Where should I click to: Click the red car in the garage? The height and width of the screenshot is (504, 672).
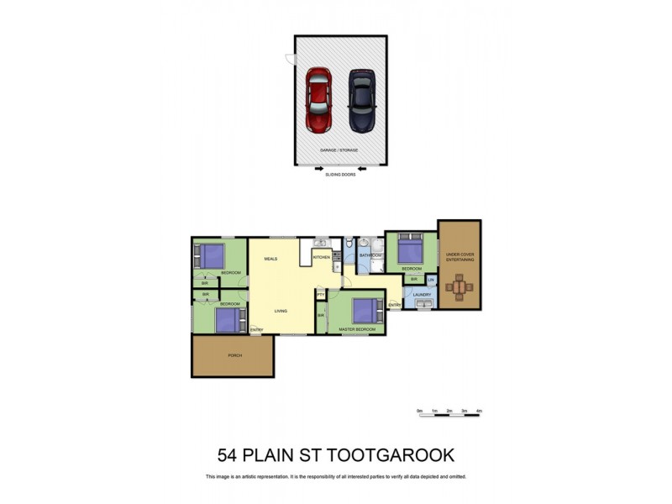tap(318, 100)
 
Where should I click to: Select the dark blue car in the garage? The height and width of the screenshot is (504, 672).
tap(361, 100)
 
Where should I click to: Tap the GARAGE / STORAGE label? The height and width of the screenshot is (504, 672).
tap(339, 150)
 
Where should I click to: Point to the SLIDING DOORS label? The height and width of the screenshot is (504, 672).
tap(339, 175)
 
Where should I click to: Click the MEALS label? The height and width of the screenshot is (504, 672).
tap(270, 259)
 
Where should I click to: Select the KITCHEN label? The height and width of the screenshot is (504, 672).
tap(322, 257)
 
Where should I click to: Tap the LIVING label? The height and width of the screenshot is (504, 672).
tap(281, 311)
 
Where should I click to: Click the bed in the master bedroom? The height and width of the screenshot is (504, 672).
tap(367, 310)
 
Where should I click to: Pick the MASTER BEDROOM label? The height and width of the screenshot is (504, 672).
tap(356, 329)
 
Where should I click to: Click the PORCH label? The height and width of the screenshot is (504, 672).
tap(234, 355)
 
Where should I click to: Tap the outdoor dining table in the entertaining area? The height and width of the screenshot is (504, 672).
tap(459, 288)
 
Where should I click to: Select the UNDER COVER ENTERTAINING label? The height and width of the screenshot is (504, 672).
tap(459, 258)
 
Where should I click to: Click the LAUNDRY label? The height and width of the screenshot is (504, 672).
tap(422, 295)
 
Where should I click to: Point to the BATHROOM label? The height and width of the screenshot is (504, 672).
tap(370, 255)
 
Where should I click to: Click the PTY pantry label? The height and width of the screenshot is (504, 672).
tap(321, 295)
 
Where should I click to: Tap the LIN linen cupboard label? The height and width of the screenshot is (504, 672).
tap(431, 280)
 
